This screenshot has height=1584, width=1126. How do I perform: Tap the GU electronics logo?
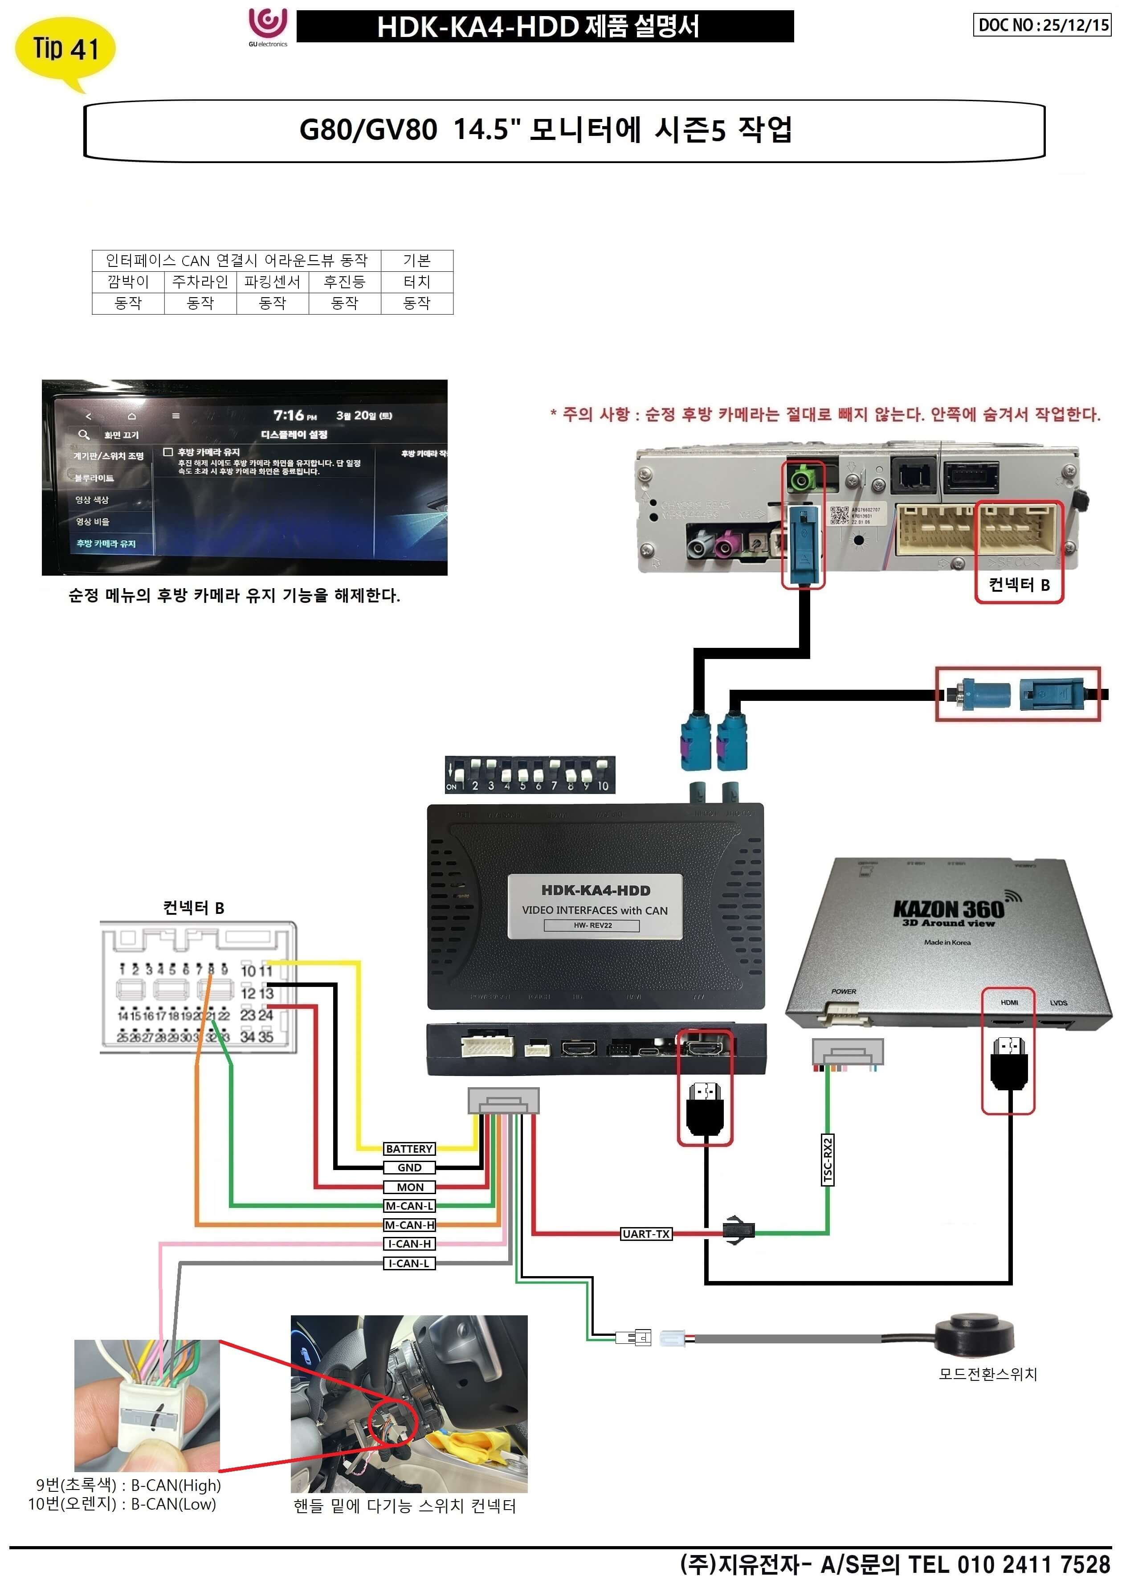click(268, 26)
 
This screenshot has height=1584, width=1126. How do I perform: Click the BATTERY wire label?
click(409, 1149)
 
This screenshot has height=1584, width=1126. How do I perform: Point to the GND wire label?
click(409, 1168)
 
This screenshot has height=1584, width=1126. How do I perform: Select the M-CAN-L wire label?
click(409, 1206)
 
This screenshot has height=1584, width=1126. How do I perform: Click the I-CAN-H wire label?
click(409, 1244)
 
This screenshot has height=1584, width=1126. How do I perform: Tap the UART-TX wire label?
click(645, 1234)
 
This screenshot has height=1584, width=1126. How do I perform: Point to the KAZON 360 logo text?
click(948, 909)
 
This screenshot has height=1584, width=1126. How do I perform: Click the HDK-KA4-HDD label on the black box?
click(595, 891)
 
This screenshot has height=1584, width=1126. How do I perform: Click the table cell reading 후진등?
click(345, 282)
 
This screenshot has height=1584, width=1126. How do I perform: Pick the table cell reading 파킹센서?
click(273, 282)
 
